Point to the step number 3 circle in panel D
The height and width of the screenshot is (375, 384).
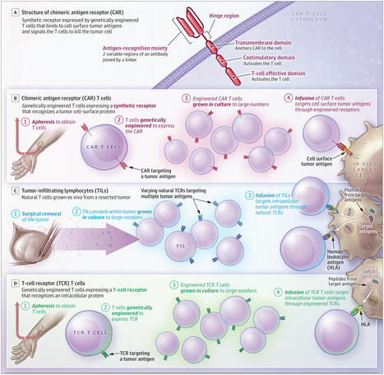[174, 284]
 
